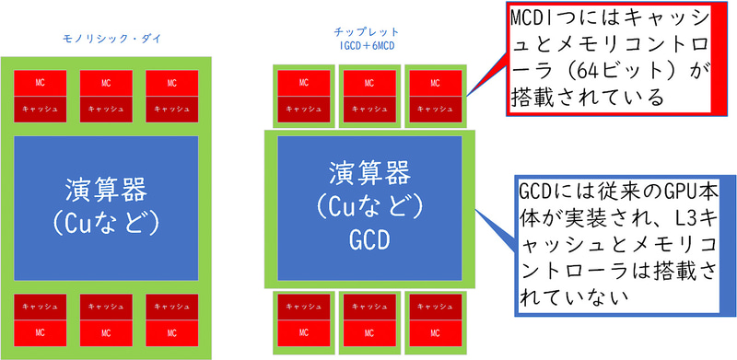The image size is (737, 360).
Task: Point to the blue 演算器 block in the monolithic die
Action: (x=107, y=208)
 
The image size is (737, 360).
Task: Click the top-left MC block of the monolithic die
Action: (x=40, y=83)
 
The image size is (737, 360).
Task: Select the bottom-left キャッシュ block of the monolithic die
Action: (x=40, y=305)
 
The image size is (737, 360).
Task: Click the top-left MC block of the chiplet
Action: (x=301, y=83)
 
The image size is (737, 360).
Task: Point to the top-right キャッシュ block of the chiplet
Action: (x=434, y=108)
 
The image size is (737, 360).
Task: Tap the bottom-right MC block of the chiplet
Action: (x=434, y=329)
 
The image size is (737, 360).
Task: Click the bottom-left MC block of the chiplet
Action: (x=301, y=329)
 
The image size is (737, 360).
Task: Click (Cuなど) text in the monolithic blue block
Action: (x=107, y=223)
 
